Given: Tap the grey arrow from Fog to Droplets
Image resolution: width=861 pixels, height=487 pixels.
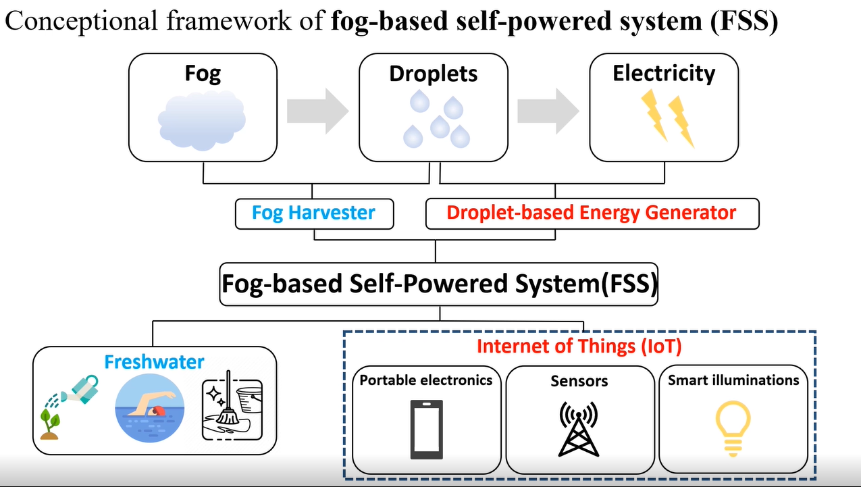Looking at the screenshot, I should pyautogui.click(x=317, y=111).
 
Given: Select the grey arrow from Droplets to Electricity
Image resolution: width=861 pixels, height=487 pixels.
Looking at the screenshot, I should pyautogui.click(x=548, y=111).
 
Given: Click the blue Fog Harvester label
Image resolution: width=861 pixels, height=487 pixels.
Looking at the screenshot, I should pyautogui.click(x=313, y=213).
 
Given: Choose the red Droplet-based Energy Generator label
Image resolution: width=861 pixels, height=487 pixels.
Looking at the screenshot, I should pyautogui.click(x=592, y=213).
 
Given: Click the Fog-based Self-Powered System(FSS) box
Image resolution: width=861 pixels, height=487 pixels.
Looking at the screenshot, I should pyautogui.click(x=439, y=284).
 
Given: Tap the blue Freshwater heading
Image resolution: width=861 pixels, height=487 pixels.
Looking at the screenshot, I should pyautogui.click(x=154, y=362).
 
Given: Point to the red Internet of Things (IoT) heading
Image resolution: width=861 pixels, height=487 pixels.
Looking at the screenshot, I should pyautogui.click(x=579, y=347).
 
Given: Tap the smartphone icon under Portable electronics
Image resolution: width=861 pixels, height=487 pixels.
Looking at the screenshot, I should pyautogui.click(x=427, y=428).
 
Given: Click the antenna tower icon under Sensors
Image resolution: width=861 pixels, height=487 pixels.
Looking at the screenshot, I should pyautogui.click(x=579, y=428).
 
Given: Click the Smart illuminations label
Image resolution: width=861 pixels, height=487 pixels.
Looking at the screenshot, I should pyautogui.click(x=733, y=380).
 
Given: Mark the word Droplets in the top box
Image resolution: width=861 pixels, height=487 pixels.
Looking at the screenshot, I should pyautogui.click(x=434, y=74).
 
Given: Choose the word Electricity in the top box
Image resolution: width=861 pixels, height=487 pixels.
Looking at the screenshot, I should pyautogui.click(x=664, y=73).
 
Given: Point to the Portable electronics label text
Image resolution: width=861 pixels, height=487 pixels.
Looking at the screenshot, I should pyautogui.click(x=426, y=380).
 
